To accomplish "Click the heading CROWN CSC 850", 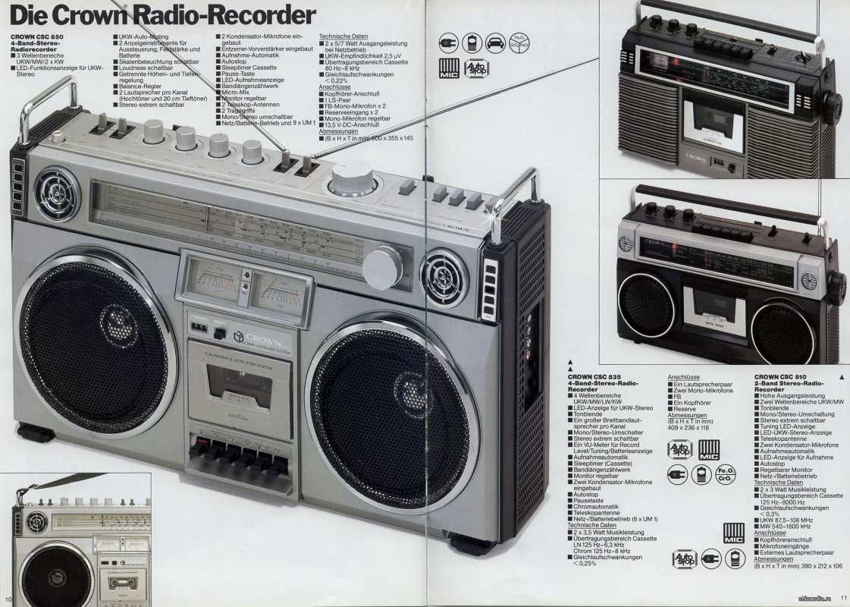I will tap(37, 36).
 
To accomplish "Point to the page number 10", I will tap(8, 598).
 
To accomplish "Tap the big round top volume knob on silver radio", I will tap(353, 178).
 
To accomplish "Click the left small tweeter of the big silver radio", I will tap(56, 193).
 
